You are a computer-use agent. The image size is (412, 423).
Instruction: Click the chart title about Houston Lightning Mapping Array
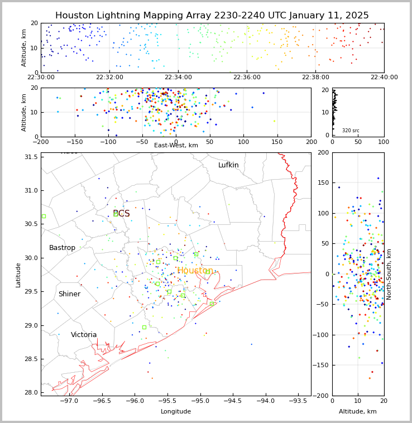[212, 16]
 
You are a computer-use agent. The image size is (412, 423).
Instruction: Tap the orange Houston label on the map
[195, 271]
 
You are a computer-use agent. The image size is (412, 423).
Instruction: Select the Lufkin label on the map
[228, 165]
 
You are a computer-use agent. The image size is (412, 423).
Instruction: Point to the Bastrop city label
[62, 248]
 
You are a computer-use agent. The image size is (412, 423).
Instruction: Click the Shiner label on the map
[69, 294]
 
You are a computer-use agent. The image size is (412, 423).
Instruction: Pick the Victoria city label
[84, 335]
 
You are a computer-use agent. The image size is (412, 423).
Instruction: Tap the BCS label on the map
[121, 214]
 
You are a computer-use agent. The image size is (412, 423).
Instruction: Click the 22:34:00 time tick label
[178, 78]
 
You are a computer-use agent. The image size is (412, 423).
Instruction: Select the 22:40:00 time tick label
[384, 78]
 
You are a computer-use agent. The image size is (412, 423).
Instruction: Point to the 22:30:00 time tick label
[41, 78]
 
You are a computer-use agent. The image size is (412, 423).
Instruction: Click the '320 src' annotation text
[351, 131]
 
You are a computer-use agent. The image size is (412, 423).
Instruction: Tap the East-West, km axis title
[176, 145]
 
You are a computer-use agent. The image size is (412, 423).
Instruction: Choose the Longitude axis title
[176, 411]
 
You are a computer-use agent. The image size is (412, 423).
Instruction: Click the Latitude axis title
[18, 275]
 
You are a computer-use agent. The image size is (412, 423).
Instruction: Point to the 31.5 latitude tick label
[31, 157]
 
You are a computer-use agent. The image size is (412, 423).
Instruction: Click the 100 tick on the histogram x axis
[384, 142]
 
